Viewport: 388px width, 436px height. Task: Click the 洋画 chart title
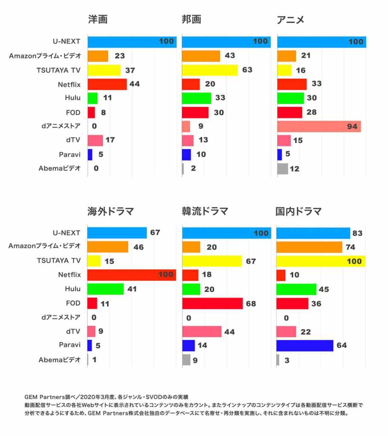click(x=98, y=20)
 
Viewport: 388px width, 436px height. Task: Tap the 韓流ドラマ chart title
click(x=205, y=211)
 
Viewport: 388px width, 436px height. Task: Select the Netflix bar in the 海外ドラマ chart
click(x=131, y=275)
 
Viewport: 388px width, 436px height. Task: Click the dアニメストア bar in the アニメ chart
click(x=319, y=127)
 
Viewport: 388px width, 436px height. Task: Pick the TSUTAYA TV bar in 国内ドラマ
click(x=321, y=261)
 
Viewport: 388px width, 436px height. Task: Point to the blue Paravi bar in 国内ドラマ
click(x=304, y=346)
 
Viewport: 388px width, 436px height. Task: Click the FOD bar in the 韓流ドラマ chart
click(x=212, y=303)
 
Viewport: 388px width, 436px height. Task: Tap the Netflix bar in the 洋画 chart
click(x=107, y=84)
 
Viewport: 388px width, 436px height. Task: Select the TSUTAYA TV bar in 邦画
click(x=210, y=70)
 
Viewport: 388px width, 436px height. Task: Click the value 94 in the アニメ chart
click(x=352, y=127)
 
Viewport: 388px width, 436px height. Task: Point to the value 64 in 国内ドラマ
click(x=342, y=346)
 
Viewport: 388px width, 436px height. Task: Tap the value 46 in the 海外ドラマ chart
click(x=139, y=247)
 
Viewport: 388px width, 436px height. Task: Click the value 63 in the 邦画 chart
click(x=247, y=70)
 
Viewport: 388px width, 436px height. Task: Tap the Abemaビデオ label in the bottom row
click(x=59, y=360)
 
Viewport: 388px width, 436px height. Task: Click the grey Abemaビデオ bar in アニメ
click(x=282, y=169)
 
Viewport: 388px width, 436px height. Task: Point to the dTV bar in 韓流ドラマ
click(x=202, y=332)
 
